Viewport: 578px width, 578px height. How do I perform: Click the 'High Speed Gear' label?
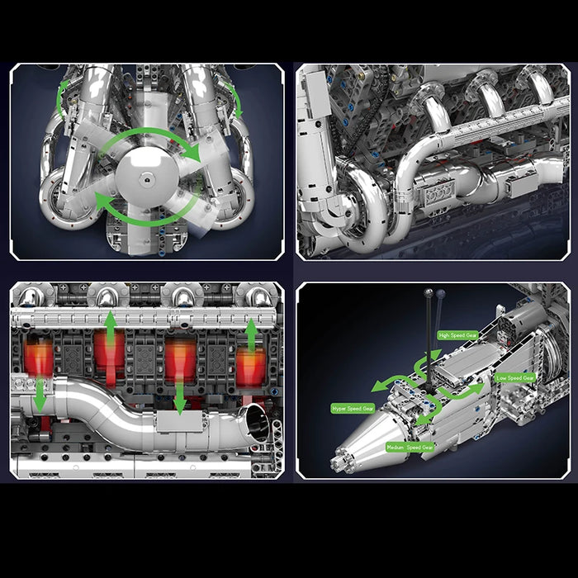tap(458, 335)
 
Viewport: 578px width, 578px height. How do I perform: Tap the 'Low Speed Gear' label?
tap(516, 377)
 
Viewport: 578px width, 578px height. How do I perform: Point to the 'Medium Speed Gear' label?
tap(410, 447)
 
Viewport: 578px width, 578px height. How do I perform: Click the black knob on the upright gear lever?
tap(429, 293)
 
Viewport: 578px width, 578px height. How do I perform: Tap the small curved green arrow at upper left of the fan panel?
tap(61, 103)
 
